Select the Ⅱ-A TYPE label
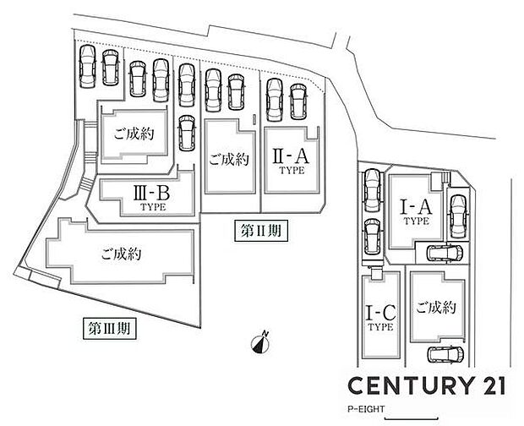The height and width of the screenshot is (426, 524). tap(290, 160)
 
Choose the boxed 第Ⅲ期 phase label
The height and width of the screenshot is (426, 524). tap(111, 325)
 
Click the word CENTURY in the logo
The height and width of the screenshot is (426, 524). tap(404, 384)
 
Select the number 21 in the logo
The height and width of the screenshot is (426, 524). tap(488, 384)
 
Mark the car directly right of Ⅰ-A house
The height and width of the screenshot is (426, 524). tap(456, 215)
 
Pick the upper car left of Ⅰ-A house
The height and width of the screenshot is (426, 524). tap(371, 189)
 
